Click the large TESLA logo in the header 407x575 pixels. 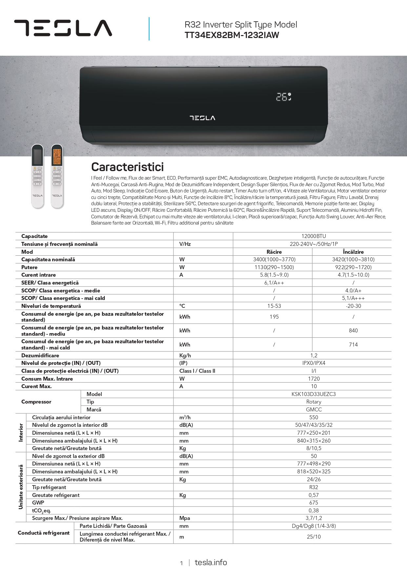tap(63, 28)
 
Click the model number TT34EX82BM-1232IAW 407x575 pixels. tap(232, 35)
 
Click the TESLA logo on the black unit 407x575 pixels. tap(202, 118)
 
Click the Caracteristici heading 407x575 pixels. tap(127, 167)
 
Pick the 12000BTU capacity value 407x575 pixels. tap(314, 236)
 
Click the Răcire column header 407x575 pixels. tap(274, 252)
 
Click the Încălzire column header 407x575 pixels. tap(353, 252)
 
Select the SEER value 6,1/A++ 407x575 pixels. tap(274, 283)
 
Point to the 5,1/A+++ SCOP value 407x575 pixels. tap(353, 298)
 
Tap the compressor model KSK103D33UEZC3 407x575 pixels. tap(314, 394)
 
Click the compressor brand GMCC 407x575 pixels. tap(314, 409)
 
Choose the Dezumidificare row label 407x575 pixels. tap(40, 355)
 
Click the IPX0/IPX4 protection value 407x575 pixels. tap(314, 363)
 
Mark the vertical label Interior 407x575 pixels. tap(21, 432)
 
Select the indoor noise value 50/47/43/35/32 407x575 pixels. tap(314, 425)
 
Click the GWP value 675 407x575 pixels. tap(314, 503)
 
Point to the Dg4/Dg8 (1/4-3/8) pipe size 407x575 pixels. tap(314, 526)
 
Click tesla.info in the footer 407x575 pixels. tap(211, 563)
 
